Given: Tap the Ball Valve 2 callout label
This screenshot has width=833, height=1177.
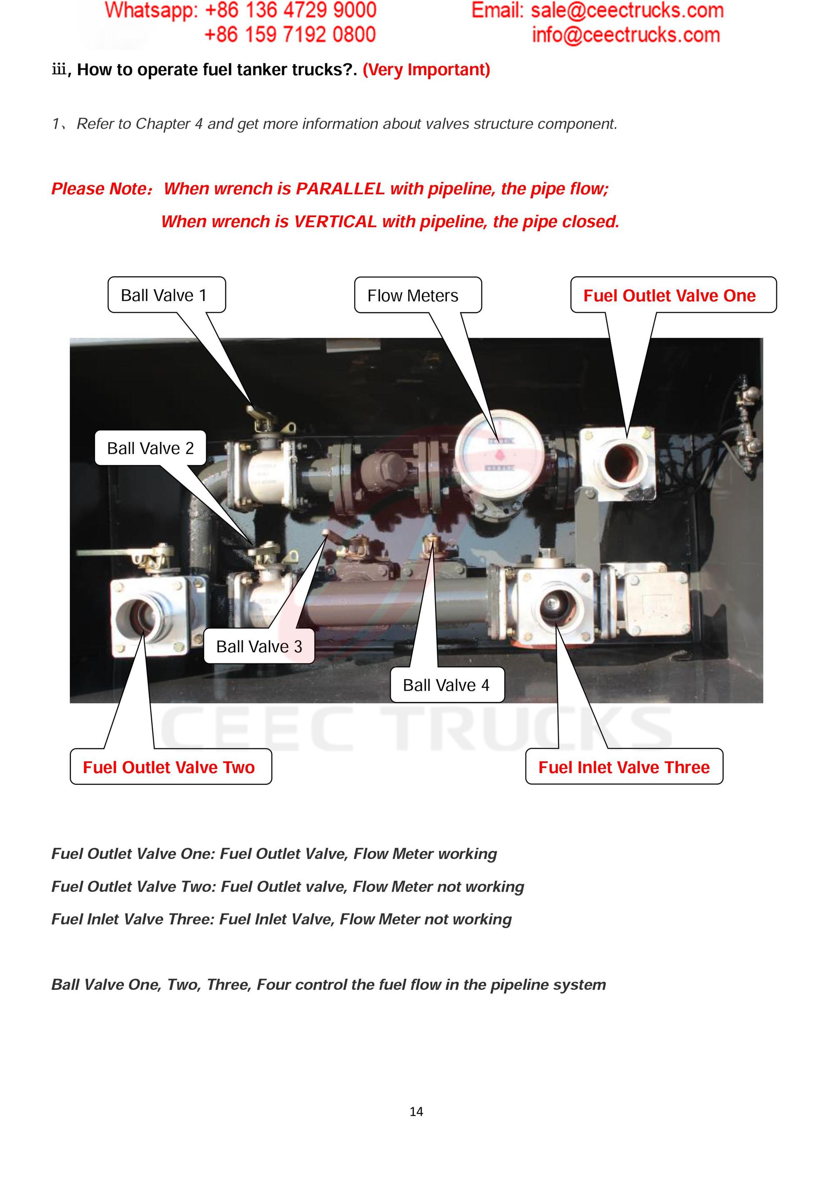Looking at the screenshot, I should (150, 448).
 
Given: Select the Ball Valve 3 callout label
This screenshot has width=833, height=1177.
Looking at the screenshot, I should (259, 647).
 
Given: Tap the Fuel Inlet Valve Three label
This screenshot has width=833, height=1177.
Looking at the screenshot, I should (624, 767).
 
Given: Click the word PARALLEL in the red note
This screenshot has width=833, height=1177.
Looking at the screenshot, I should (340, 189).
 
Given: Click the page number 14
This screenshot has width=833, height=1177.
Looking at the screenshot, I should (416, 1111).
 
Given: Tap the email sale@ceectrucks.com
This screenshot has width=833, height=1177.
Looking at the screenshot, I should (626, 10).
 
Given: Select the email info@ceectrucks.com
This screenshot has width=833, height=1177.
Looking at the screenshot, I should (625, 35).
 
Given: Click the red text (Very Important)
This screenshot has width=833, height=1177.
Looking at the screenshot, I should (426, 69).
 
